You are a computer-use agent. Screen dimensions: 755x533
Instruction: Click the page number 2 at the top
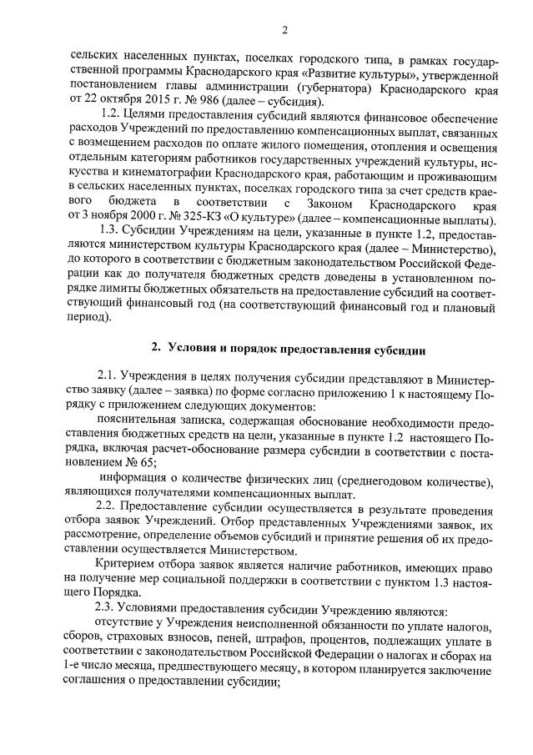(x=284, y=31)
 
